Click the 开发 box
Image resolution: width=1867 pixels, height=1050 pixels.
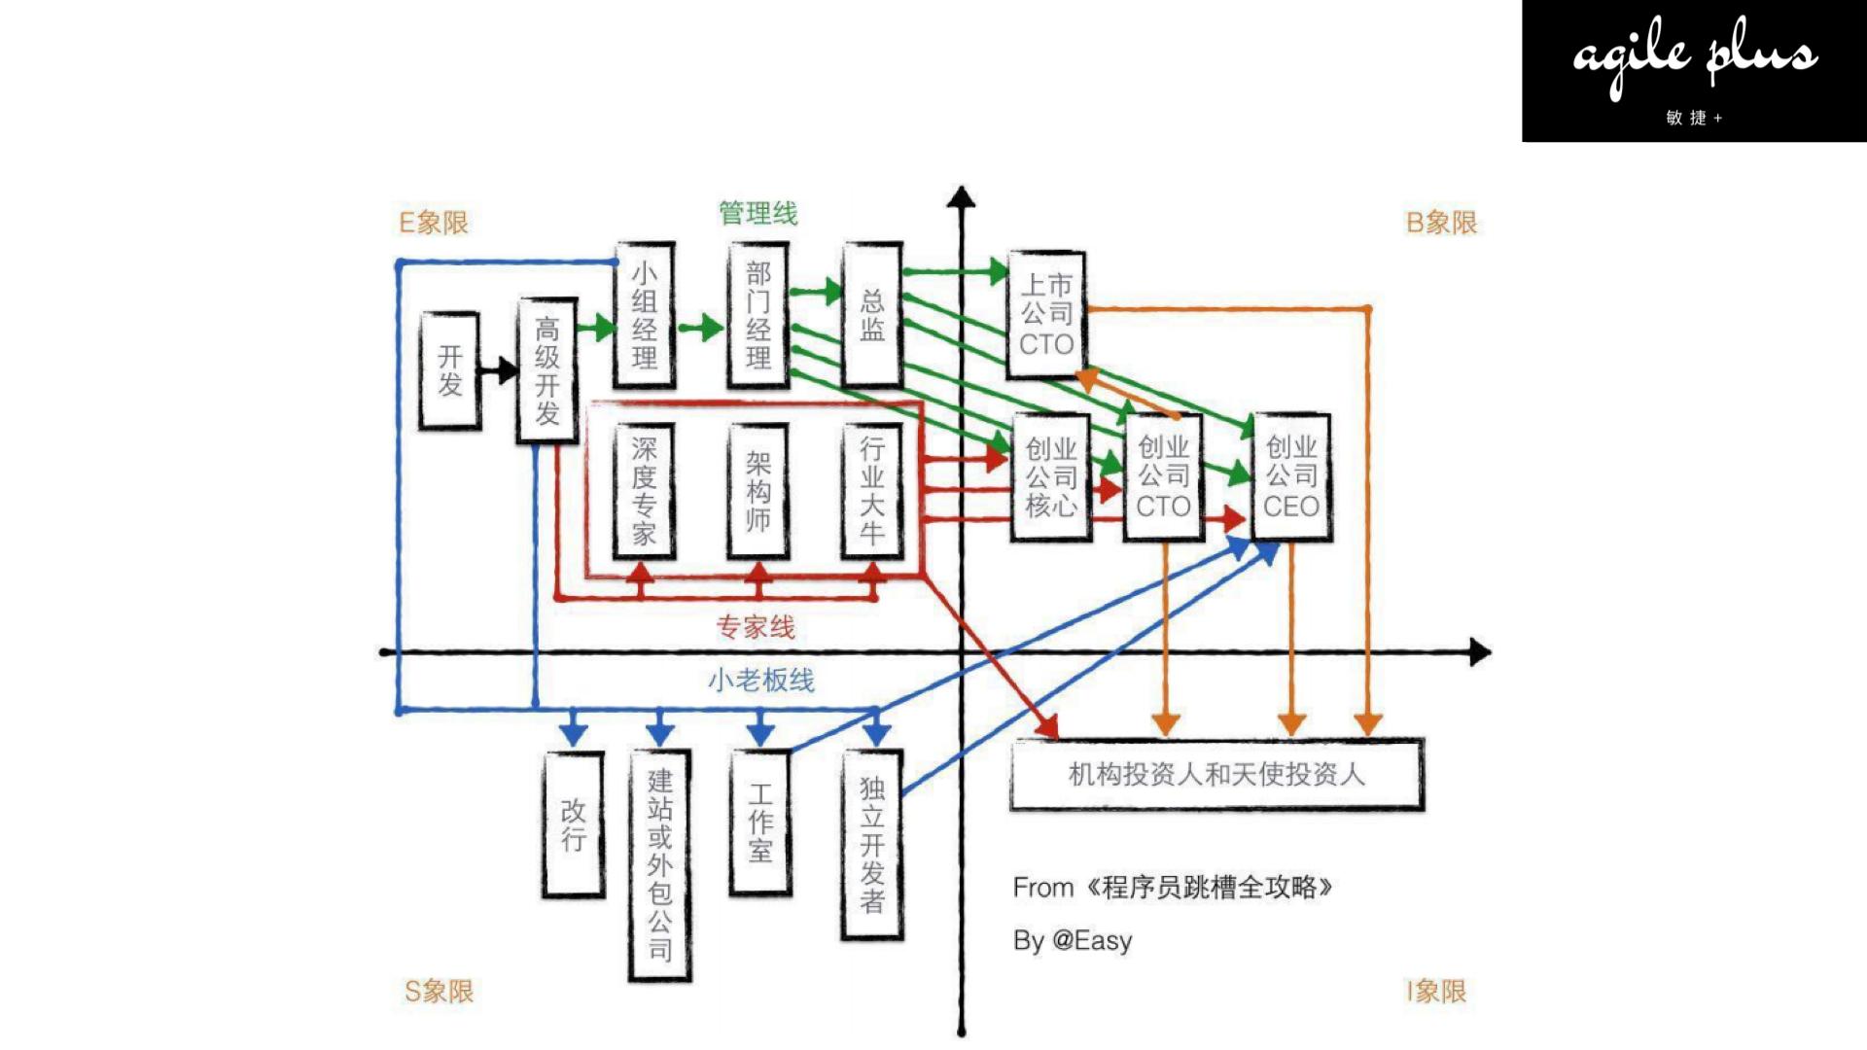point(449,370)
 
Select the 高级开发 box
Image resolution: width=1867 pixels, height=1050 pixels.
point(546,370)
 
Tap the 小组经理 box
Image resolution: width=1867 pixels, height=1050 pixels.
point(644,315)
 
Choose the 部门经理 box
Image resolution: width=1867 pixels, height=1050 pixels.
point(758,315)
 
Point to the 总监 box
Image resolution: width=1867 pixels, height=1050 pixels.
point(872,315)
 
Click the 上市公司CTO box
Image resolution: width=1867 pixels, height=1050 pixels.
point(1046,314)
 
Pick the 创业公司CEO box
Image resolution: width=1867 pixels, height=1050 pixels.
point(1291,476)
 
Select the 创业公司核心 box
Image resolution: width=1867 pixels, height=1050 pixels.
point(1051,476)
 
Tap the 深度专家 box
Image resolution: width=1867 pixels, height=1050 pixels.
point(644,490)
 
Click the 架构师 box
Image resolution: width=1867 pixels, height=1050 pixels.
point(758,490)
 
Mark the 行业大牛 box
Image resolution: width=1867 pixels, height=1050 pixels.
point(872,490)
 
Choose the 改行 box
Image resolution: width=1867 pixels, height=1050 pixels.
point(573,824)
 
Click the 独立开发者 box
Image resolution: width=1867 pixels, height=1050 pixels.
point(872,844)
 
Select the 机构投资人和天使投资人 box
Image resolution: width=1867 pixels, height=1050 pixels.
point(1216,775)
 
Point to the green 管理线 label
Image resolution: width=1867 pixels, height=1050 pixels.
point(757,213)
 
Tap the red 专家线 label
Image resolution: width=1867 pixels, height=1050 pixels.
point(756,627)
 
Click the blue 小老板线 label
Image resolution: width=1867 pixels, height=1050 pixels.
point(760,680)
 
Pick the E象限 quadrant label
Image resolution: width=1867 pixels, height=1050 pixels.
point(434,223)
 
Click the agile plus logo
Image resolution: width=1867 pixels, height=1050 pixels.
point(1694,71)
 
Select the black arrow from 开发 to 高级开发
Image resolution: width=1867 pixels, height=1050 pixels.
point(498,370)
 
